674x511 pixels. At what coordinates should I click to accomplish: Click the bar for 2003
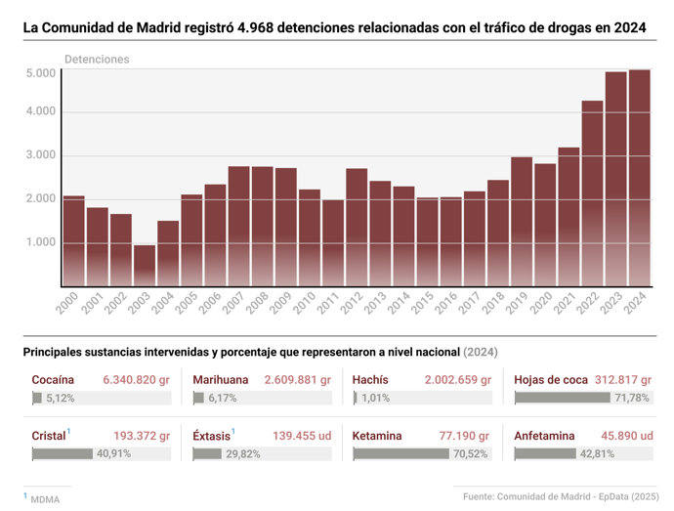pos(145,265)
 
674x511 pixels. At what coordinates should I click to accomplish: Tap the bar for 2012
pos(357,227)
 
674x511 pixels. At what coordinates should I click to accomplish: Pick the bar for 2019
pos(522,221)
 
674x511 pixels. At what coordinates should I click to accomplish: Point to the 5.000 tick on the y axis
pos(41,73)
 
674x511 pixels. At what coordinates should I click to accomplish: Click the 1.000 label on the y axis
pos(41,242)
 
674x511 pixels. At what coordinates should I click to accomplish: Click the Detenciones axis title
pos(97,60)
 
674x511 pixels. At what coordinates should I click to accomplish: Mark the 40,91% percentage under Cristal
pos(106,453)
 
